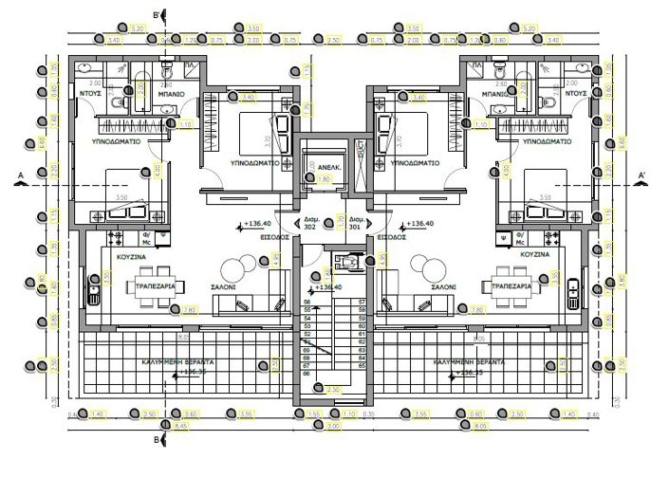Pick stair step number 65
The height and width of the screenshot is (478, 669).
(x=362, y=365)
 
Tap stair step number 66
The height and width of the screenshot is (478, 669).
(x=307, y=374)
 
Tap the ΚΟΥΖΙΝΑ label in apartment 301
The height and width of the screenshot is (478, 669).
(x=536, y=256)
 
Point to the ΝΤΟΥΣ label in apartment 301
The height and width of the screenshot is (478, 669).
(x=576, y=95)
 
